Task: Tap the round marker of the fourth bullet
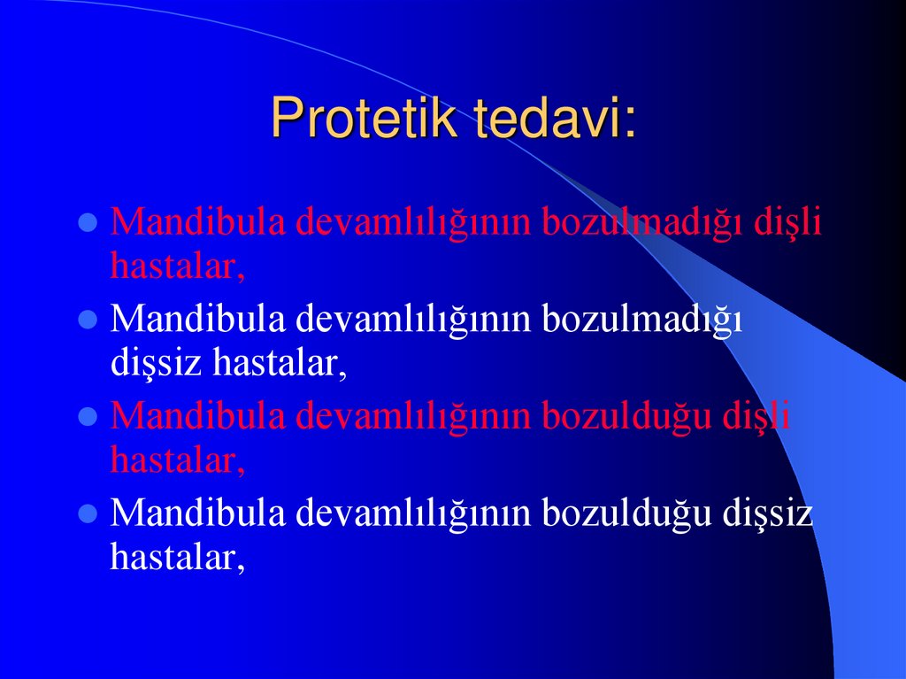point(88,514)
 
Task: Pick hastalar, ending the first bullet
point(177,266)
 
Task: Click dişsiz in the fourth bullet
point(767,514)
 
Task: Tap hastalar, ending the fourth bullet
point(177,557)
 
